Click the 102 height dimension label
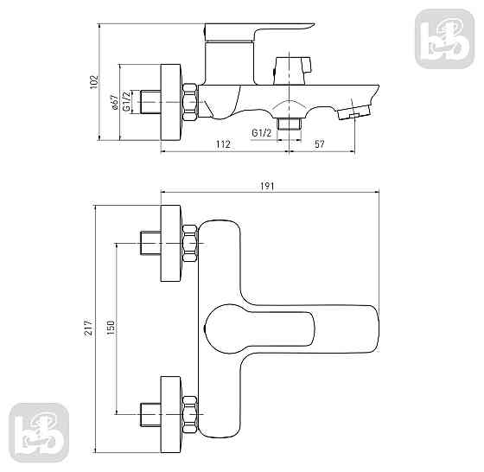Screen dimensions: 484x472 pyautogui.click(x=94, y=82)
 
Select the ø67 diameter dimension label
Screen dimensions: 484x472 pyautogui.click(x=114, y=102)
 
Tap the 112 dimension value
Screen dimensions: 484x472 pyautogui.click(x=223, y=144)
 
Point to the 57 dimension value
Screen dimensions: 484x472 pyautogui.click(x=320, y=144)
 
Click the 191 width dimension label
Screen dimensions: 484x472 pyautogui.click(x=267, y=186)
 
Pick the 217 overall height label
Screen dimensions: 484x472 pyautogui.click(x=89, y=328)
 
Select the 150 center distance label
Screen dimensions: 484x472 pyautogui.click(x=111, y=328)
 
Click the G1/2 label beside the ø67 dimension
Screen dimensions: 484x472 pyautogui.click(x=126, y=101)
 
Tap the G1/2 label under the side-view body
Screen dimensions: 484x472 pyautogui.click(x=261, y=133)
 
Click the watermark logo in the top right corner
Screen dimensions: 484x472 pyautogui.click(x=445, y=39)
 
